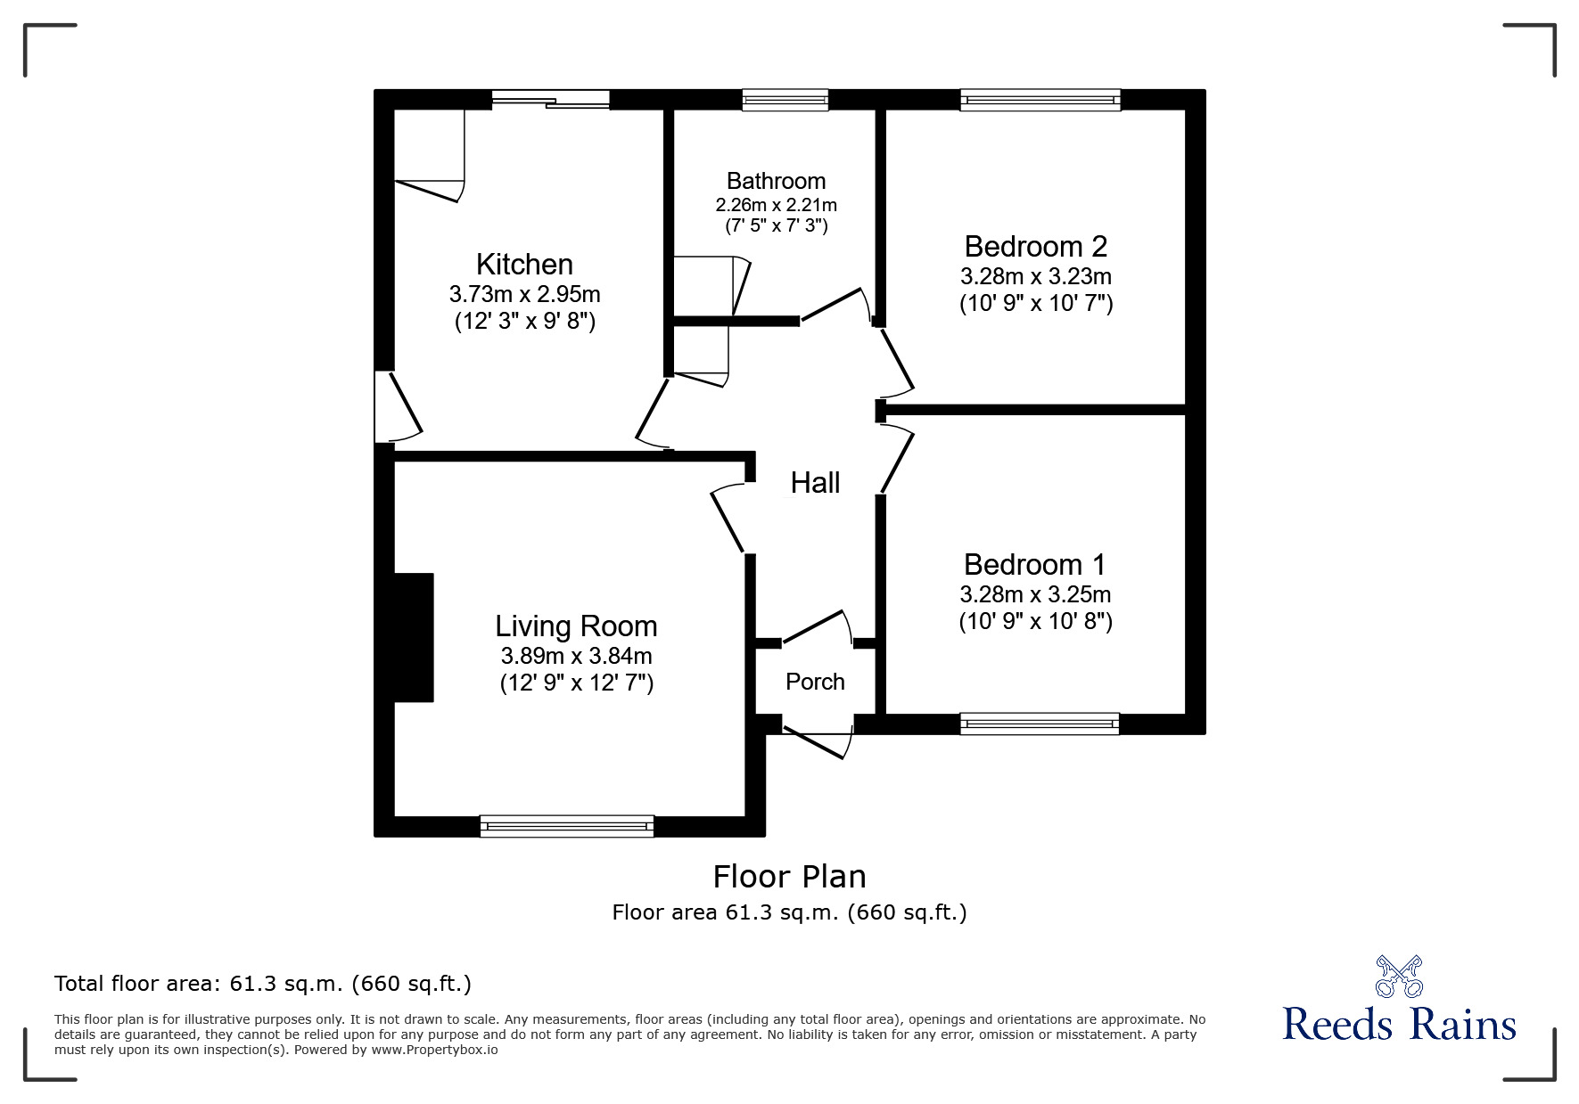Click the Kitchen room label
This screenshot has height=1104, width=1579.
pyautogui.click(x=524, y=265)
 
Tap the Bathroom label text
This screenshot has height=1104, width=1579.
pyautogui.click(x=776, y=181)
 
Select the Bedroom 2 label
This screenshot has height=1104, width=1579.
pyautogui.click(x=1035, y=246)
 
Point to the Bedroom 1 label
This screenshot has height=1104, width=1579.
pyautogui.click(x=1034, y=564)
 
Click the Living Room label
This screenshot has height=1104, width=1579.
pyautogui.click(x=576, y=626)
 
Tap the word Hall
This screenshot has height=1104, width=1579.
pyautogui.click(x=815, y=483)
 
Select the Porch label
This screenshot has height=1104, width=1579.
pyautogui.click(x=815, y=682)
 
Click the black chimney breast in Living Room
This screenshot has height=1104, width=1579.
pyautogui.click(x=414, y=637)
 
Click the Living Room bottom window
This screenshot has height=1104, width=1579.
pyautogui.click(x=566, y=826)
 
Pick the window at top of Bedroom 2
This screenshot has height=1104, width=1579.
pyautogui.click(x=1040, y=100)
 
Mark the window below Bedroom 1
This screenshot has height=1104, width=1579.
pyautogui.click(x=1040, y=724)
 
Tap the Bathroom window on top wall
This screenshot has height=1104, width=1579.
pyautogui.click(x=785, y=100)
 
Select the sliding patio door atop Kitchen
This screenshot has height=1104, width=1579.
pyautogui.click(x=550, y=100)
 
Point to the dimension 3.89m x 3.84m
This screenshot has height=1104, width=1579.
pyautogui.click(x=576, y=657)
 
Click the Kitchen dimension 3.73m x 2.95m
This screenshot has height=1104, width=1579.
pyautogui.click(x=524, y=294)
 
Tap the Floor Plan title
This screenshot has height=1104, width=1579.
pyautogui.click(x=789, y=877)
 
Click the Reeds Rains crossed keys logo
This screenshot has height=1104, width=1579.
pyautogui.click(x=1399, y=976)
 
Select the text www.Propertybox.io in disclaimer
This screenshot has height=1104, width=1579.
pyautogui.click(x=435, y=1050)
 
